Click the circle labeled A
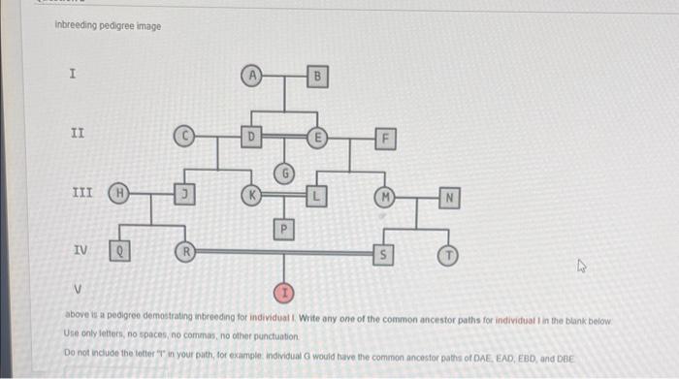pyautogui.click(x=252, y=75)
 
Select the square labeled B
pyautogui.click(x=316, y=76)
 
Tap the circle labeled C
pyautogui.click(x=184, y=138)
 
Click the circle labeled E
pyautogui.click(x=316, y=138)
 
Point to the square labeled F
pyautogui.click(x=385, y=139)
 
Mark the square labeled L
pyautogui.click(x=316, y=194)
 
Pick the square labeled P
pyautogui.click(x=284, y=229)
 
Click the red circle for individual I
pyautogui.click(x=284, y=291)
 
